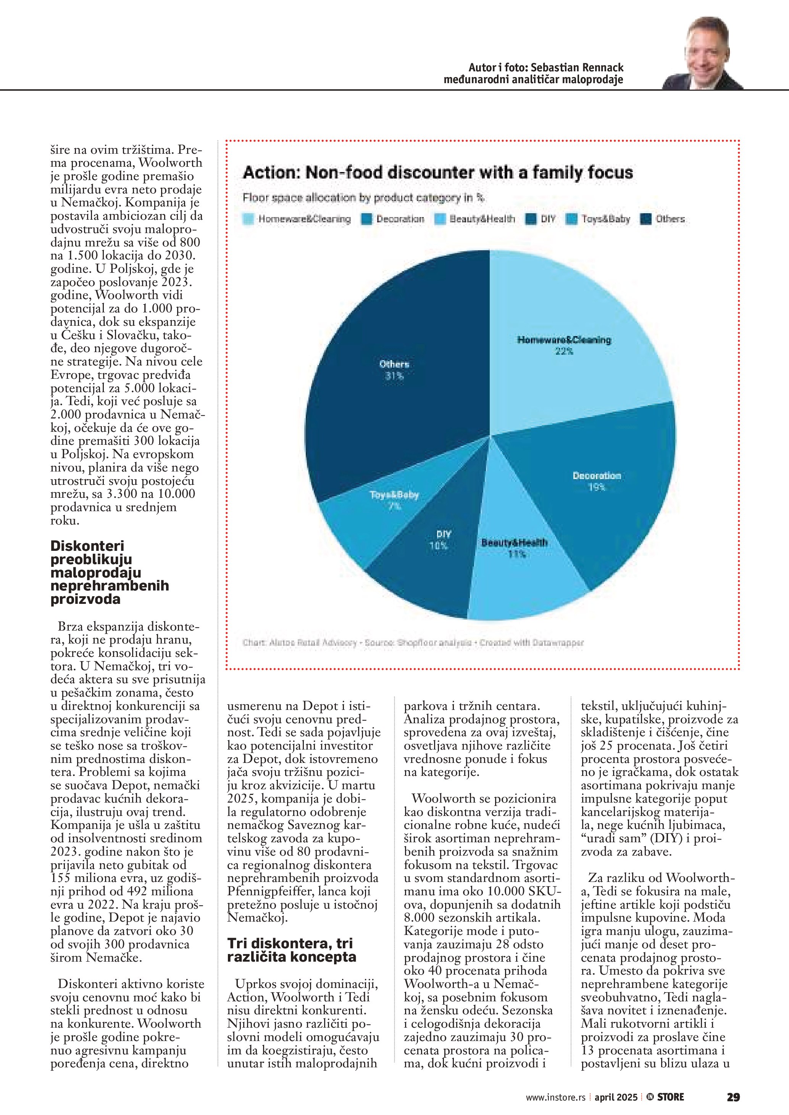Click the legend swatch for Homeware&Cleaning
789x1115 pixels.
pos(248,219)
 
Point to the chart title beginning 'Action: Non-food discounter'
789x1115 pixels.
pos(438,173)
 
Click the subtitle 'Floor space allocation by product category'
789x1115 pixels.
pos(363,198)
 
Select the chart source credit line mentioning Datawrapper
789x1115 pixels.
pos(413,642)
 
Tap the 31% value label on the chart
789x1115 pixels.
pos(394,376)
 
